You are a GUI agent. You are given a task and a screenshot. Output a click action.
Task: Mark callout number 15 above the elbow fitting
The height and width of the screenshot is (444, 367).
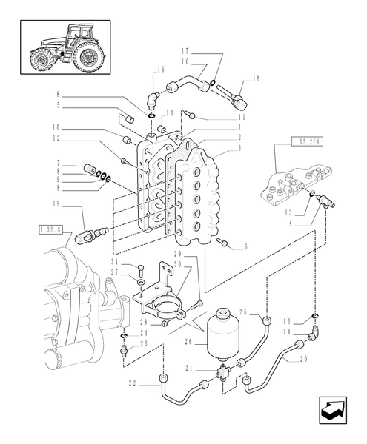(159, 69)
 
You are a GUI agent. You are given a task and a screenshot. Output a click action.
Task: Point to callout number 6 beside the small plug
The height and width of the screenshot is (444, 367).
(245, 247)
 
